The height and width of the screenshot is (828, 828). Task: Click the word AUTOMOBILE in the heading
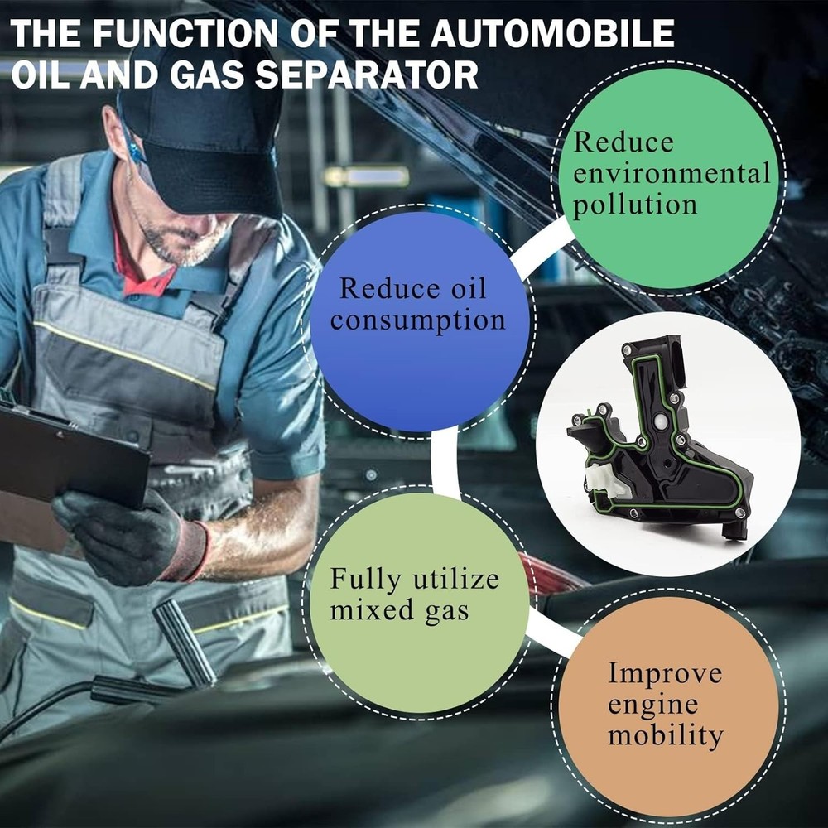[x=552, y=33]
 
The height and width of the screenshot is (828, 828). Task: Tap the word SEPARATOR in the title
[x=367, y=75]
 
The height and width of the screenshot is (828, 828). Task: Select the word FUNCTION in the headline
[x=185, y=33]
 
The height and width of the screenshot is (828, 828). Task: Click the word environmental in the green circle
[x=672, y=174]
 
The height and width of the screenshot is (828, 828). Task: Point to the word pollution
[x=635, y=205]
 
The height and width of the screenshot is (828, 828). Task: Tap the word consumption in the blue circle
[x=417, y=320]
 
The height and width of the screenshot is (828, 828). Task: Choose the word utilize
[x=455, y=579]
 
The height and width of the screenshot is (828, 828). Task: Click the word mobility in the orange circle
[x=666, y=735]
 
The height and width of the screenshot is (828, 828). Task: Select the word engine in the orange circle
[x=652, y=705]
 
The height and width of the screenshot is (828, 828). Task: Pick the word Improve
[x=665, y=674]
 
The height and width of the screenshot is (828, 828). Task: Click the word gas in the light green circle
[x=447, y=612]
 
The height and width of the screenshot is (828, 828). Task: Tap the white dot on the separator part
[x=660, y=421]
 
